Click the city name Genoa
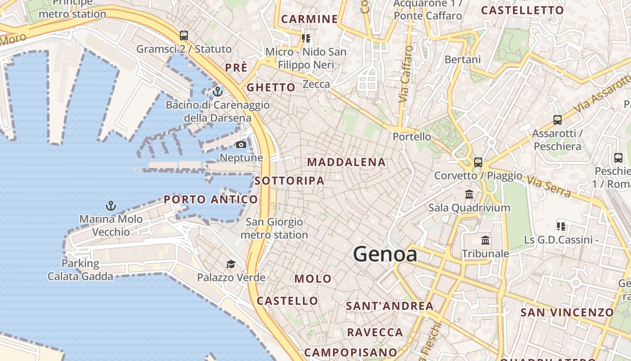click(385, 255)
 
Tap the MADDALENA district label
click(346, 162)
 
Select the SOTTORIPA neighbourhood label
click(289, 181)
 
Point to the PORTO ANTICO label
click(211, 199)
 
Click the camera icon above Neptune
click(241, 144)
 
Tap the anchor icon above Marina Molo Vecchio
click(111, 206)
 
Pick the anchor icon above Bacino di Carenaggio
click(218, 92)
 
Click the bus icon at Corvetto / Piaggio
click(478, 162)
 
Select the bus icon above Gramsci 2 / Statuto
click(183, 35)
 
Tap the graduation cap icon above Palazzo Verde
click(231, 264)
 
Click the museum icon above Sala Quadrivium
click(469, 194)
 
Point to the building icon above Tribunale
click(485, 240)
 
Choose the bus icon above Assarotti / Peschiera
click(558, 120)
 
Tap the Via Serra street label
click(549, 187)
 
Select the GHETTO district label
click(271, 88)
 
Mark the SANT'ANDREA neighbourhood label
click(389, 306)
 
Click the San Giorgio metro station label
click(274, 228)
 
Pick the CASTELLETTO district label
click(522, 10)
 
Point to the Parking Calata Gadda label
click(81, 270)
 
